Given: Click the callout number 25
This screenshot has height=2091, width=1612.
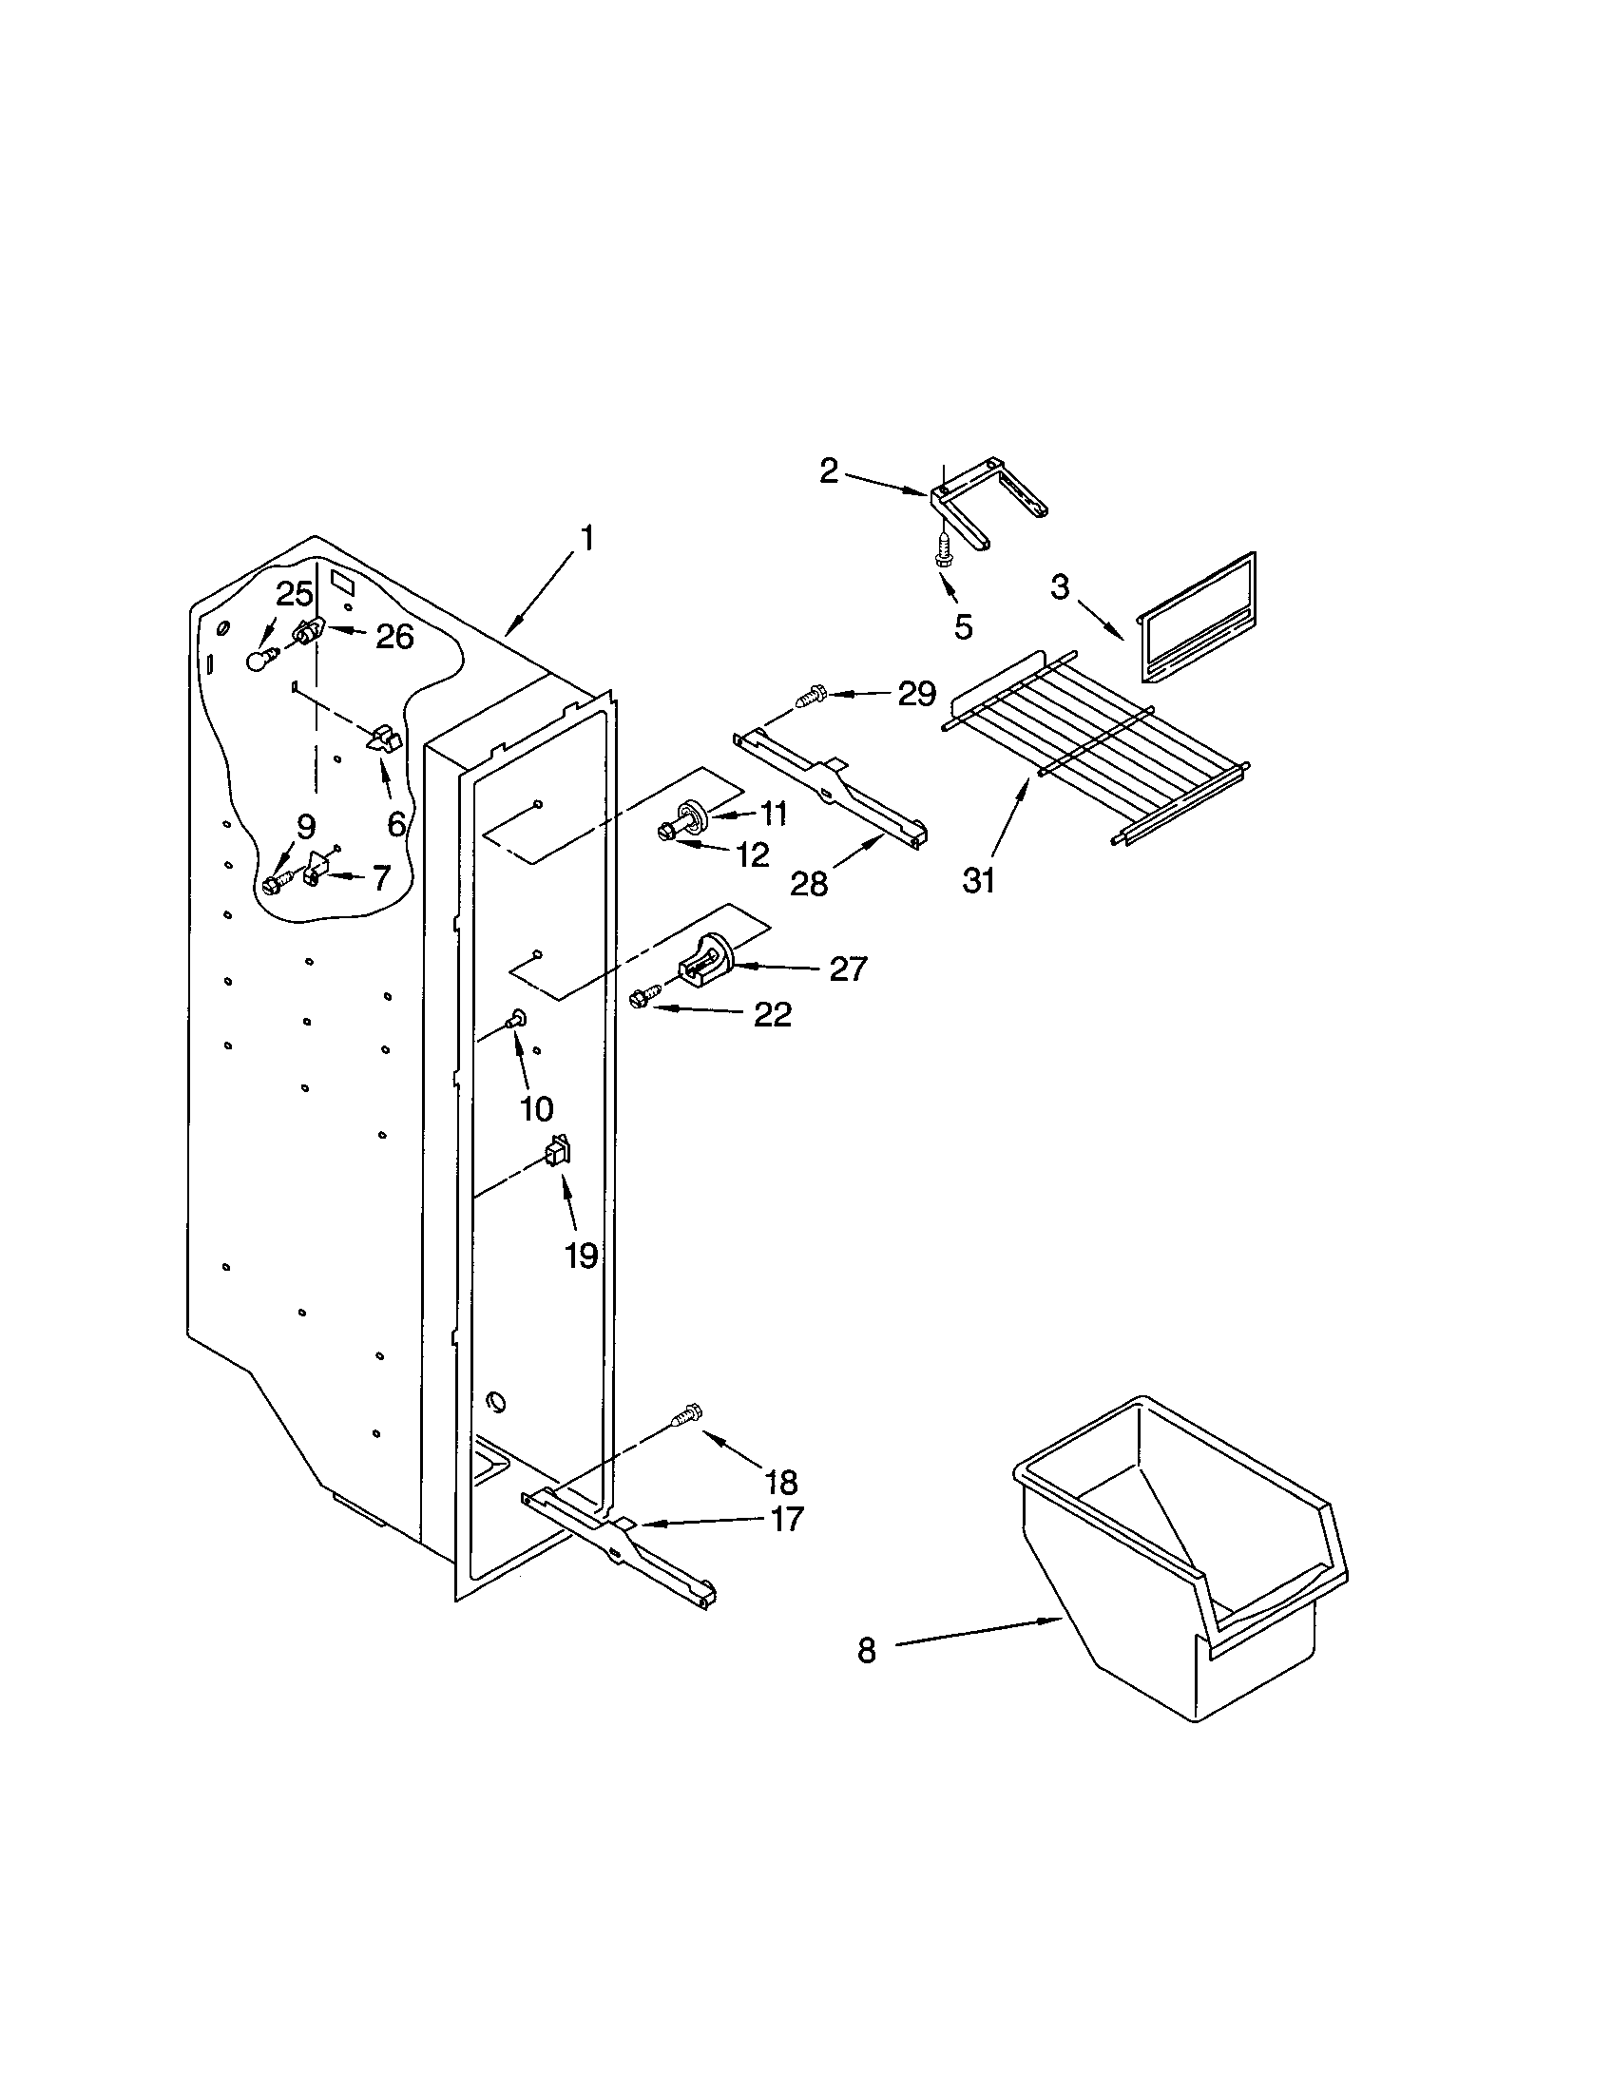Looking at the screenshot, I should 295,594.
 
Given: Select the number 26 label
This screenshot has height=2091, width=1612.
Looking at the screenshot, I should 393,636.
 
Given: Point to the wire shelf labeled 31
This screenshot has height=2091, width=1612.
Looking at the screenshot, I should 1091,742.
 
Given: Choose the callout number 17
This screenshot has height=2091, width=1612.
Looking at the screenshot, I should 786,1519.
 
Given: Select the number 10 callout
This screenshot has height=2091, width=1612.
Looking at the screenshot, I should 536,1108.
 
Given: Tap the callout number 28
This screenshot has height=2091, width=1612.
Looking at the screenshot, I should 809,883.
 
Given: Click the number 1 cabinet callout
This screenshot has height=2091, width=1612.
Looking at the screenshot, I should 586,539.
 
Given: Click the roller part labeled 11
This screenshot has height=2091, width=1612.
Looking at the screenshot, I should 693,815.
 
